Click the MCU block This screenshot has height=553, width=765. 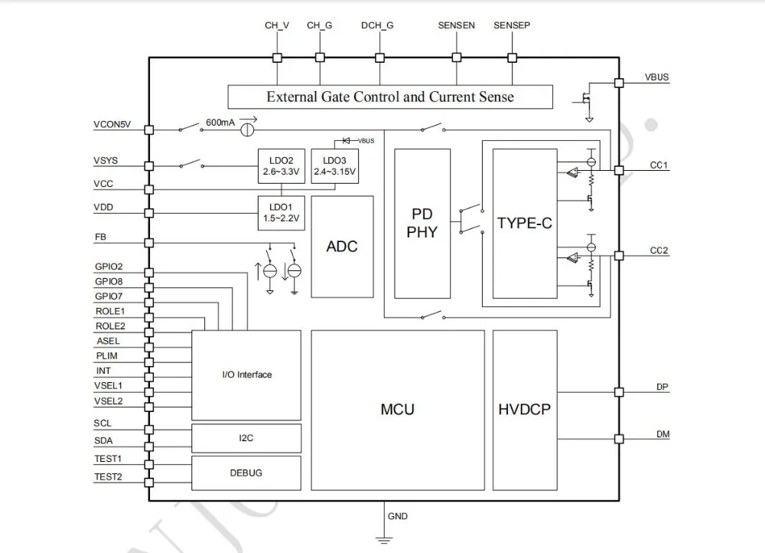(398, 410)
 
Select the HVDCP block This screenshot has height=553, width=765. (525, 410)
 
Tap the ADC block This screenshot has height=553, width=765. (342, 247)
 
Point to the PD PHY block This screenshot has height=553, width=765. (422, 223)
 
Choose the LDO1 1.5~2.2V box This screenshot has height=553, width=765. (281, 213)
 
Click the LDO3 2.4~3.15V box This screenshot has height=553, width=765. (335, 166)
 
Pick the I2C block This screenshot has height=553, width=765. (246, 438)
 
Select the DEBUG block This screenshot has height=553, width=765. (246, 473)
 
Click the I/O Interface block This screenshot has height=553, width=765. (246, 375)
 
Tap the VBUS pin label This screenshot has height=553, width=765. (656, 77)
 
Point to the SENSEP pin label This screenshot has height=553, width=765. (512, 25)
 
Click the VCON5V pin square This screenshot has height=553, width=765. (149, 130)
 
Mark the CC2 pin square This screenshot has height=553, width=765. (619, 256)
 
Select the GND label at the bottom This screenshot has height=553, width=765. (398, 516)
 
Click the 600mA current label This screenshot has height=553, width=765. (220, 122)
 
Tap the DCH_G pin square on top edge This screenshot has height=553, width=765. (379, 57)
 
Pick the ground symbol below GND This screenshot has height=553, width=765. (384, 540)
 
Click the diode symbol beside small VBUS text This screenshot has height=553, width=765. (347, 141)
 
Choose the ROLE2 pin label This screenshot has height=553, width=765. (110, 326)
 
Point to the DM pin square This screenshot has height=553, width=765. (619, 439)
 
